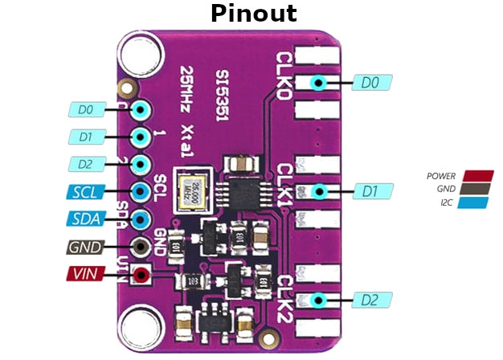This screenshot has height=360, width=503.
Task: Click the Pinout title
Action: click(x=252, y=14)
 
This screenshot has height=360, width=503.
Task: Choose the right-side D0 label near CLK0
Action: click(x=371, y=82)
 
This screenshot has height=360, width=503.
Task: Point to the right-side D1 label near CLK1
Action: click(x=371, y=191)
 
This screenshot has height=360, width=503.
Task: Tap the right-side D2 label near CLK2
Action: click(x=371, y=301)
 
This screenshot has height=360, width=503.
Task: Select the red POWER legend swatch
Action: click(x=476, y=176)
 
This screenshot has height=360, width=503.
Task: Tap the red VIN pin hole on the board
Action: click(x=141, y=276)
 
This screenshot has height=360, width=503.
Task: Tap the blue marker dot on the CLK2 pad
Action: click(x=319, y=301)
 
